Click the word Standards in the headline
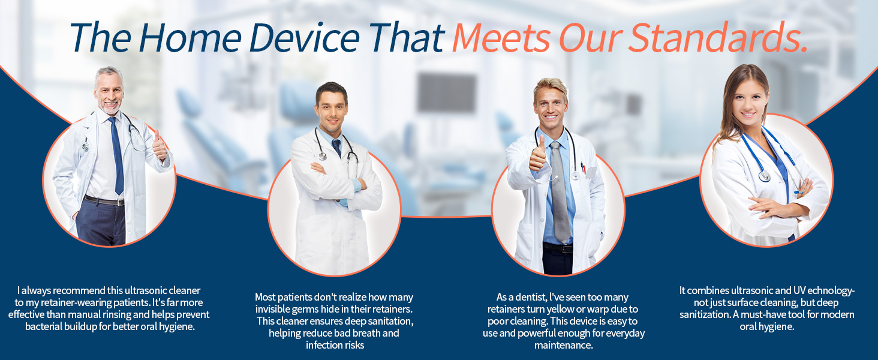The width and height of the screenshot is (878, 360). click(718, 38)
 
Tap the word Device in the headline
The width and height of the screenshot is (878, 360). click(305, 38)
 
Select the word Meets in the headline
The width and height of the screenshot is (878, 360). click(502, 38)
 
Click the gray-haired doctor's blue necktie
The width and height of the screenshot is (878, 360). click(117, 156)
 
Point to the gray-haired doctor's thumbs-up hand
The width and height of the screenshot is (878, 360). click(159, 146)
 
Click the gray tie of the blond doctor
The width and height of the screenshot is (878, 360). click(560, 192)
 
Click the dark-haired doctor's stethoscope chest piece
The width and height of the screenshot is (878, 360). click(322, 157)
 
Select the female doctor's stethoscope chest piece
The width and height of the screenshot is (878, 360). click(764, 176)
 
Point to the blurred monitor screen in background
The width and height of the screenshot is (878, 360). click(446, 92)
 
